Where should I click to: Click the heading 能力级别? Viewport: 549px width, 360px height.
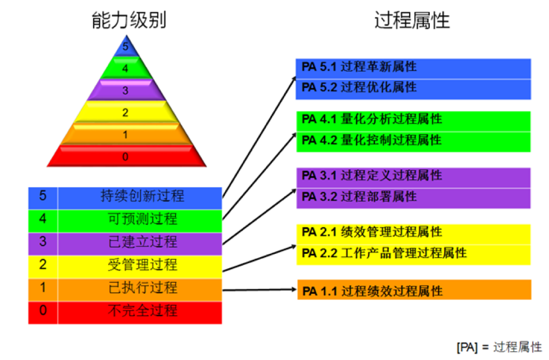[x=128, y=21]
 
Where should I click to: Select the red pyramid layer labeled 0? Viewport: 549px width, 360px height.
[x=126, y=157]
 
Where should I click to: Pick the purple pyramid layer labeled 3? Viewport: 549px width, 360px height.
[x=126, y=90]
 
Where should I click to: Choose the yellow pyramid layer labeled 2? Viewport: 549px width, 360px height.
[x=126, y=113]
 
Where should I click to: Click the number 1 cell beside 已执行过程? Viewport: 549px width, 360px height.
[x=43, y=288]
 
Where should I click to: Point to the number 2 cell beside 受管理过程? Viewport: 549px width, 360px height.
[x=43, y=265]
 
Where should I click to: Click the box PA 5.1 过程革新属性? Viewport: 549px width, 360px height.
[x=413, y=67]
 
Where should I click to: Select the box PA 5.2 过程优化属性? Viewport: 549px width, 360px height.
[x=413, y=88]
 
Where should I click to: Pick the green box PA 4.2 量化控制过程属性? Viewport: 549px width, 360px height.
[x=413, y=141]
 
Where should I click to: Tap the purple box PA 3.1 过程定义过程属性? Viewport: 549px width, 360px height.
[x=413, y=176]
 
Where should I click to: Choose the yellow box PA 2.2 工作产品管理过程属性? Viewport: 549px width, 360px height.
[x=413, y=253]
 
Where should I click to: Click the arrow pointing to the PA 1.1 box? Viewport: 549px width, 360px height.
[x=260, y=289]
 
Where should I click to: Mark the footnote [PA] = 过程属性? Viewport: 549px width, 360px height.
[x=499, y=346]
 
